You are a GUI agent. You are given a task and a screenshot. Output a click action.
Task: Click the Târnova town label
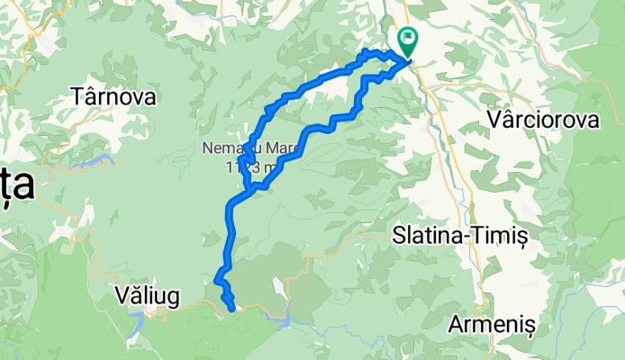click(x=114, y=95)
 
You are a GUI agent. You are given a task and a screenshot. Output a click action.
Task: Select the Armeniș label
click(x=492, y=324)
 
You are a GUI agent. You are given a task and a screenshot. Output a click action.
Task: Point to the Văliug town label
click(x=149, y=294)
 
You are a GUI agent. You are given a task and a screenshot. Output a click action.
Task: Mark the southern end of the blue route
click(x=233, y=309)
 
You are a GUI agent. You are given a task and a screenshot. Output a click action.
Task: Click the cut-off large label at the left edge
click(x=15, y=185)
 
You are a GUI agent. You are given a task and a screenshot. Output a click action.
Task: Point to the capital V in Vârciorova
click(x=493, y=120)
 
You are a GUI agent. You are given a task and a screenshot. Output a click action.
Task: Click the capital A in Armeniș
click(x=457, y=324)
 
